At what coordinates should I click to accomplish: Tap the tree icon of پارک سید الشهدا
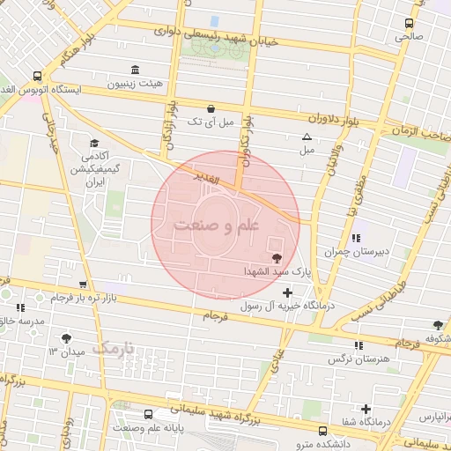(277, 258)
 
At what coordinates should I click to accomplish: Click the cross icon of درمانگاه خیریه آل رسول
(286, 292)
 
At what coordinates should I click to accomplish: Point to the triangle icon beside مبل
(307, 137)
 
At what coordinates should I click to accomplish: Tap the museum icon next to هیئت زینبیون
(134, 70)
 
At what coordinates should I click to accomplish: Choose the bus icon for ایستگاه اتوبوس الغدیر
(37, 76)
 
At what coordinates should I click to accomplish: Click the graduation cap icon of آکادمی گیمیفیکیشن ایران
(94, 143)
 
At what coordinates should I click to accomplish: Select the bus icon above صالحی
(409, 24)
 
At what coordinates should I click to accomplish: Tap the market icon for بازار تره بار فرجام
(82, 285)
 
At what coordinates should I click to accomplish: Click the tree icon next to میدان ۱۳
(67, 338)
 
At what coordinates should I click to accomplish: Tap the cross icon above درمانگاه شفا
(366, 409)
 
